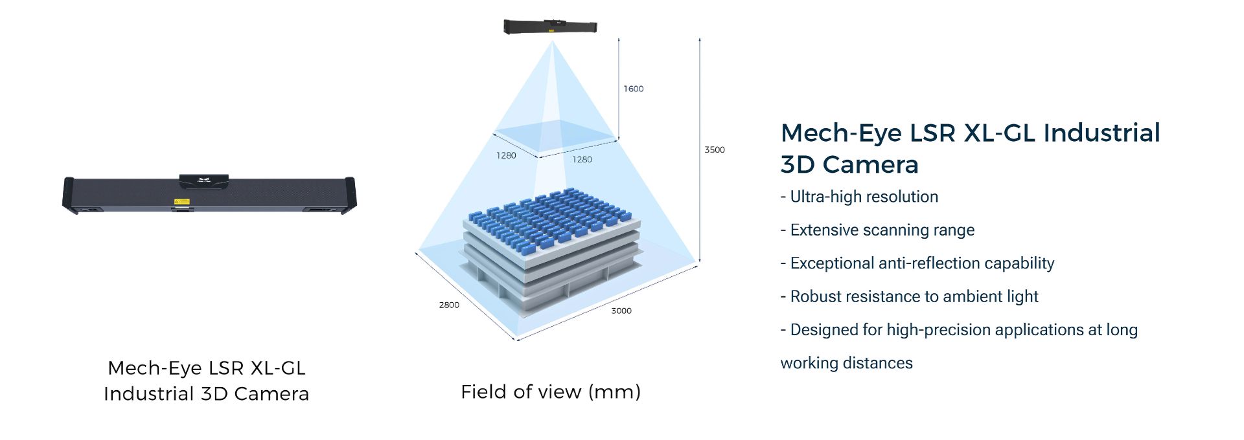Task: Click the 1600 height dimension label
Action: (x=633, y=89)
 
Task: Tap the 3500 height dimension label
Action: (x=715, y=149)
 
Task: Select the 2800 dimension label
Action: (x=449, y=305)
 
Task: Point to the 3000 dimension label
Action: (x=621, y=311)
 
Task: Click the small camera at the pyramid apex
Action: (x=550, y=27)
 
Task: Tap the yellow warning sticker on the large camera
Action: (x=181, y=202)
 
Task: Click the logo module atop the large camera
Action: (x=203, y=180)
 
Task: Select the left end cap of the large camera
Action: (x=70, y=195)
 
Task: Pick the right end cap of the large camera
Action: (x=349, y=194)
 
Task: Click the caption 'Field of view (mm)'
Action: (x=551, y=391)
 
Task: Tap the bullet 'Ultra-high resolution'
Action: (x=859, y=197)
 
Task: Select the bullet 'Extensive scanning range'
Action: (x=877, y=230)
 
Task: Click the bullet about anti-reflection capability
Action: (x=917, y=263)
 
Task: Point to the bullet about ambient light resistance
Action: (x=909, y=296)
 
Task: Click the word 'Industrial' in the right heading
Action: (x=1101, y=133)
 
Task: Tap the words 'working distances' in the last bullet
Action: (x=846, y=363)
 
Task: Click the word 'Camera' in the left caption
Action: (x=271, y=393)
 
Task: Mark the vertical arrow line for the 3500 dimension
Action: (x=700, y=150)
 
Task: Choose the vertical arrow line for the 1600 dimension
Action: (x=618, y=88)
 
